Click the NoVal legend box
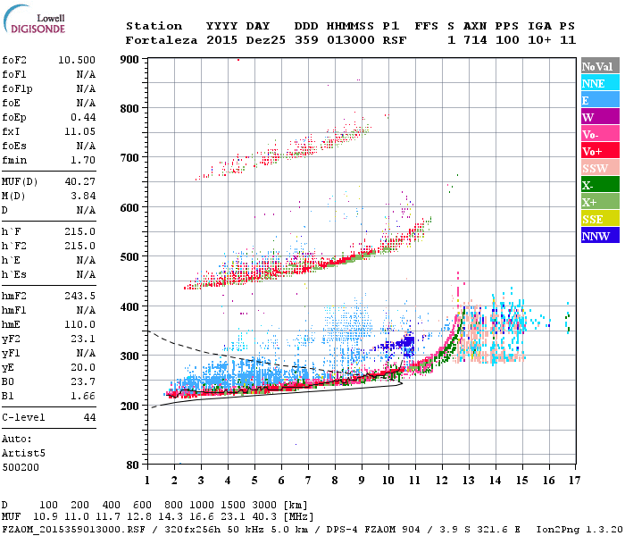pos(596,66)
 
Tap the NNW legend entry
pos(596,236)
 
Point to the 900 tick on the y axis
pos(129,59)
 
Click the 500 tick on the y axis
pos(129,257)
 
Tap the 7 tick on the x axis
pos(309,480)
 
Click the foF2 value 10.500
pos(77,59)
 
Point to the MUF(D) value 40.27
pos(80,181)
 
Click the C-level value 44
pos(89,417)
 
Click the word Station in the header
pos(154,26)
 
